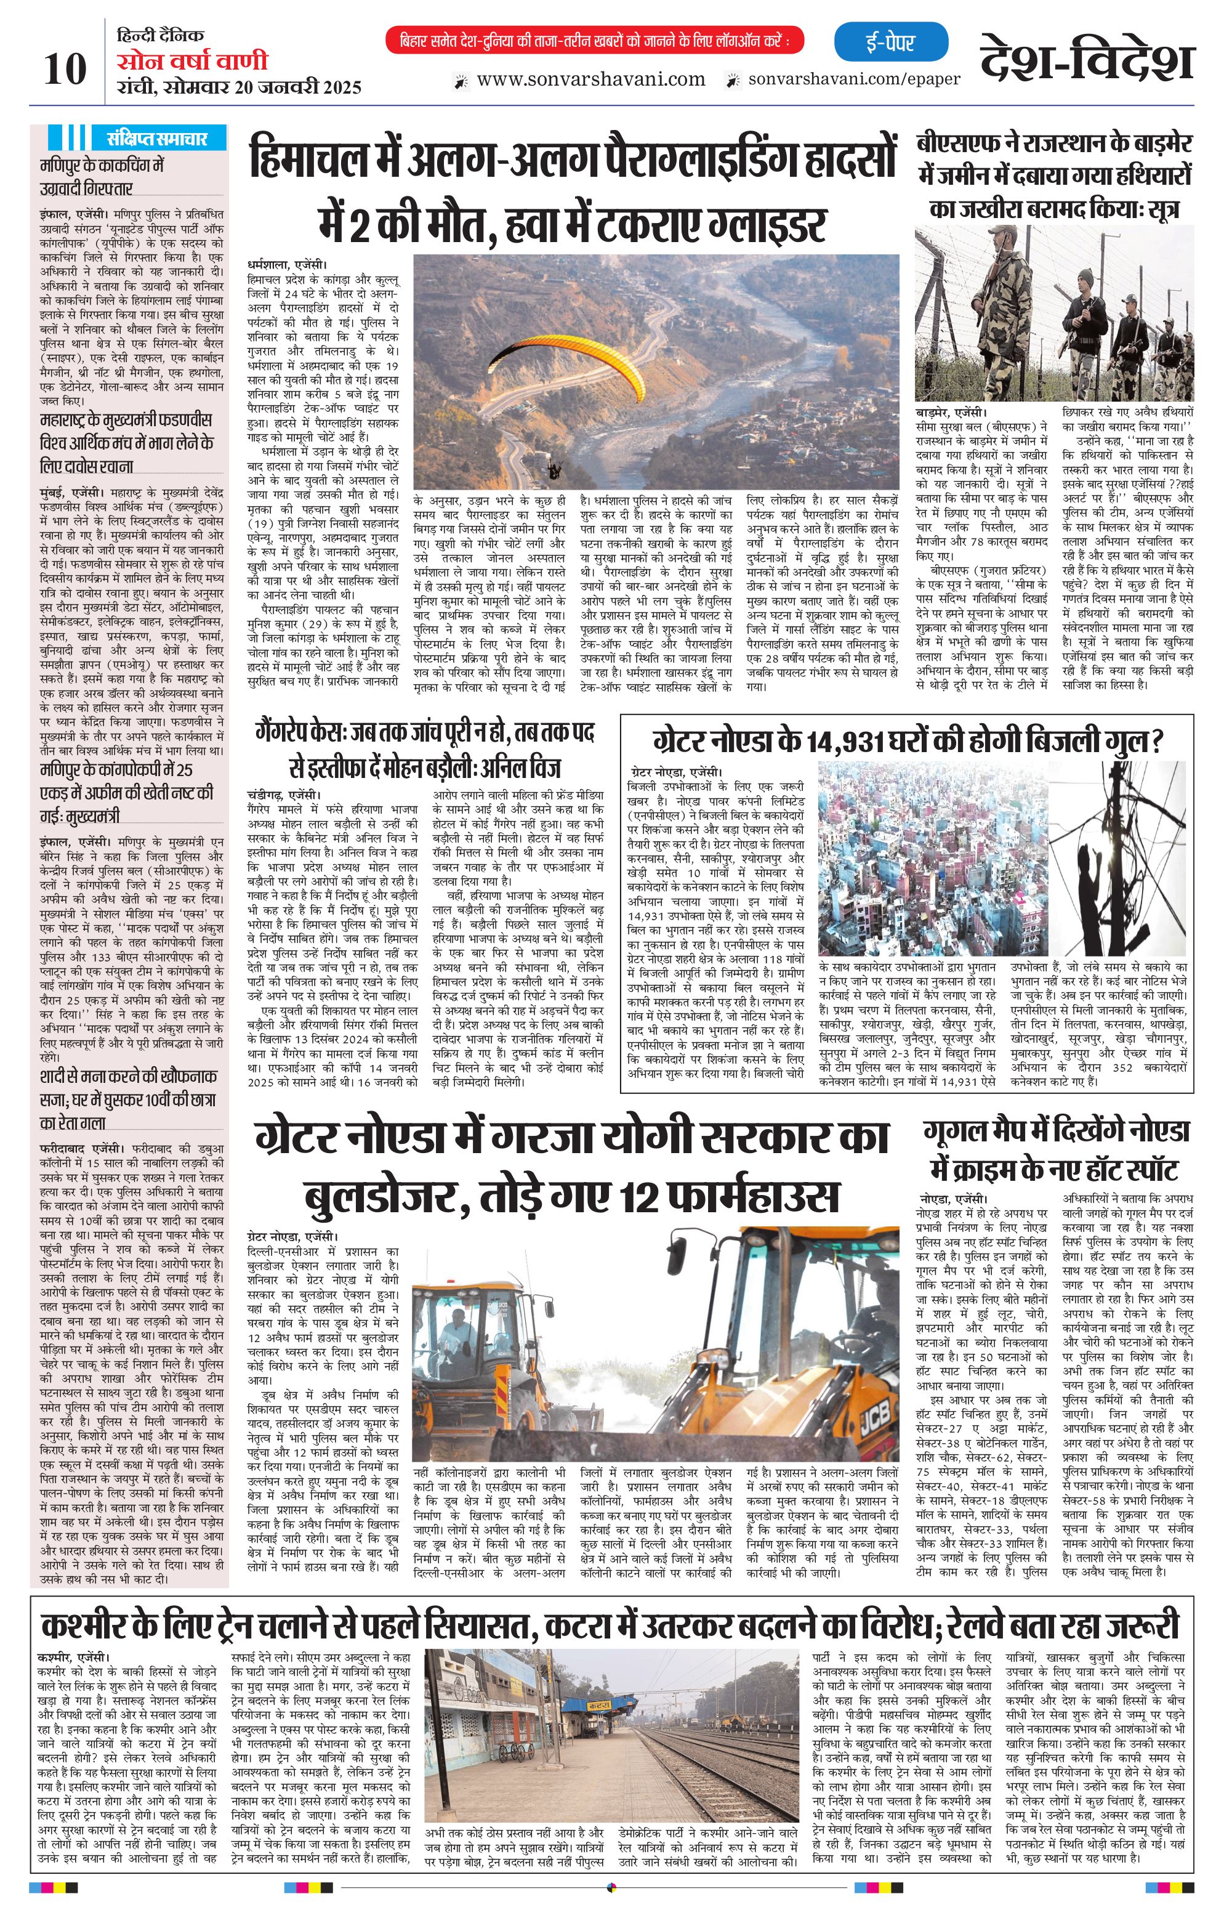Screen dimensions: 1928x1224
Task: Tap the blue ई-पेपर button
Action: (890, 43)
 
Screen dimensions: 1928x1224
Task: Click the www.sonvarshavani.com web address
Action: (590, 79)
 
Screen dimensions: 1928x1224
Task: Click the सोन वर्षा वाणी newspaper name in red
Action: (192, 62)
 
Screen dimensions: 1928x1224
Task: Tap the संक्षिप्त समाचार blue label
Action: (157, 139)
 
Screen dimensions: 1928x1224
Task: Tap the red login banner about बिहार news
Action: (594, 41)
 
